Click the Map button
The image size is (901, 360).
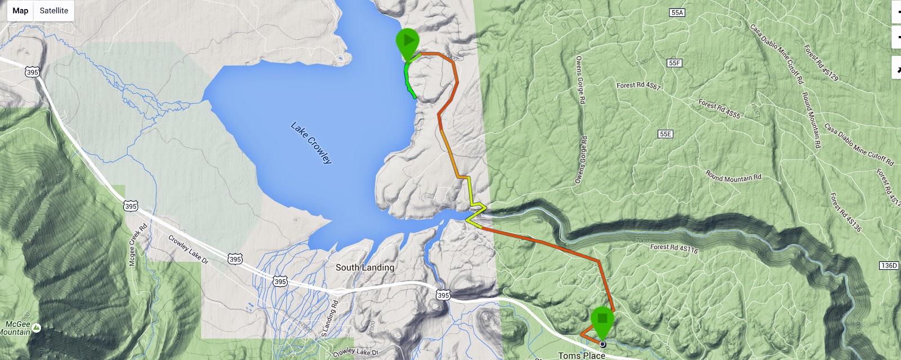(20, 11)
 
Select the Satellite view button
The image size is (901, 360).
(54, 11)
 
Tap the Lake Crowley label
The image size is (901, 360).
(311, 143)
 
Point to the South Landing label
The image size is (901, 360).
(365, 268)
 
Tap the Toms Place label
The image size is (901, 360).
(582, 355)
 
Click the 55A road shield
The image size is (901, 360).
(677, 13)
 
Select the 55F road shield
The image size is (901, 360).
(675, 63)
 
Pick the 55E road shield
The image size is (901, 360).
(666, 134)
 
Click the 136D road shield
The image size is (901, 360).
(889, 265)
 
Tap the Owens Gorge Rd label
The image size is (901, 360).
(580, 79)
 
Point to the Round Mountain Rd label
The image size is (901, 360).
(733, 177)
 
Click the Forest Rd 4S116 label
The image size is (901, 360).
(674, 247)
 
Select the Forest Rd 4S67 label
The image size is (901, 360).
(639, 86)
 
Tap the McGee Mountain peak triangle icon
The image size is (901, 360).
(37, 327)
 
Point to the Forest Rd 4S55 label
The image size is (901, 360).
(720, 108)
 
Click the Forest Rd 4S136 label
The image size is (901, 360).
(846, 212)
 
